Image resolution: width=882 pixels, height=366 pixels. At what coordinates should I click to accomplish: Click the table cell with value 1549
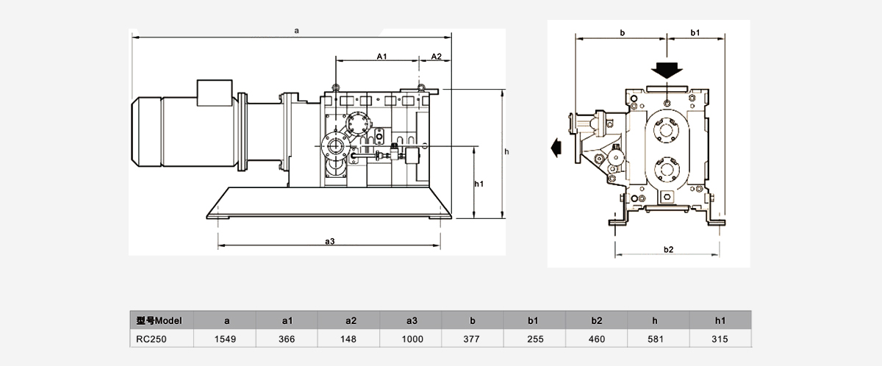point(226,340)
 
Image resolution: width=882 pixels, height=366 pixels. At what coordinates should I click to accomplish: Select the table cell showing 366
point(287,340)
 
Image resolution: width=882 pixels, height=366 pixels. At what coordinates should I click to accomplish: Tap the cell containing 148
point(350,340)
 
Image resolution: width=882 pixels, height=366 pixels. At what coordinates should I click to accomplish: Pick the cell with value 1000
point(412,340)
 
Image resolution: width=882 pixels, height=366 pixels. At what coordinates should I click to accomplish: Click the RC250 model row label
point(153,340)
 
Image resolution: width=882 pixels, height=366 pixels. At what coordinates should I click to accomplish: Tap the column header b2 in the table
point(597,320)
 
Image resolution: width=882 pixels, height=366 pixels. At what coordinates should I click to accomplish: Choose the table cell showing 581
point(659,340)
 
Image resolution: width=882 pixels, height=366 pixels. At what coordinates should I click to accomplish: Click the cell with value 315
point(721,340)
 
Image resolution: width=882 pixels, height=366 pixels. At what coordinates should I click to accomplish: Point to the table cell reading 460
point(597,340)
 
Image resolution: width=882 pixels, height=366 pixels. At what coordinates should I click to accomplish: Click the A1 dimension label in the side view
point(381,57)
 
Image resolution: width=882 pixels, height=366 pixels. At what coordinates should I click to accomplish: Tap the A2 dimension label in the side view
point(436,57)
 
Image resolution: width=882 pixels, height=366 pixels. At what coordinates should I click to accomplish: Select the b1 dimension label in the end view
point(695,33)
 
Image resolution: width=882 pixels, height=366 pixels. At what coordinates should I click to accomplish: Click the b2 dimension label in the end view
point(668,249)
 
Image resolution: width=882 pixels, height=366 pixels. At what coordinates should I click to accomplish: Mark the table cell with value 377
point(473,340)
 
